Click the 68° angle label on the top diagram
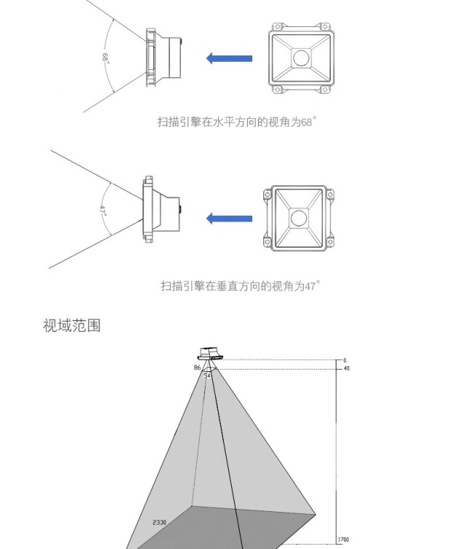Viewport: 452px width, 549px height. click(x=106, y=58)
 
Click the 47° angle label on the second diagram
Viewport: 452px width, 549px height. click(x=104, y=211)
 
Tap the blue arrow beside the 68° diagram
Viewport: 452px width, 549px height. click(x=229, y=58)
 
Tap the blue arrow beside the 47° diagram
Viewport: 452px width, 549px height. click(x=229, y=218)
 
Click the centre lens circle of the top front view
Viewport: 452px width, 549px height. click(x=301, y=58)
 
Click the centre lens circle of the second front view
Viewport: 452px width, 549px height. click(x=298, y=217)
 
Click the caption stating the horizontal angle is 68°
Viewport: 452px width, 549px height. click(x=237, y=122)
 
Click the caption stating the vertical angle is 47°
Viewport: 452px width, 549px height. click(x=240, y=286)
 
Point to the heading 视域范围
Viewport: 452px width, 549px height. click(x=71, y=325)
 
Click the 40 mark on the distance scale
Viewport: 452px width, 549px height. click(x=346, y=368)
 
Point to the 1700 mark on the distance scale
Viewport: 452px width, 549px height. click(x=343, y=540)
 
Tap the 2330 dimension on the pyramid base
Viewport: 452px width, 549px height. click(x=160, y=523)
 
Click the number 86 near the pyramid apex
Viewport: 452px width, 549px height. click(x=197, y=368)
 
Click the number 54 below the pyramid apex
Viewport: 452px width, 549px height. click(x=208, y=375)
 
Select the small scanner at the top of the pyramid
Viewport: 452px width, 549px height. click(x=210, y=354)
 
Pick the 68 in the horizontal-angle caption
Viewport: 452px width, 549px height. click(x=307, y=122)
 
